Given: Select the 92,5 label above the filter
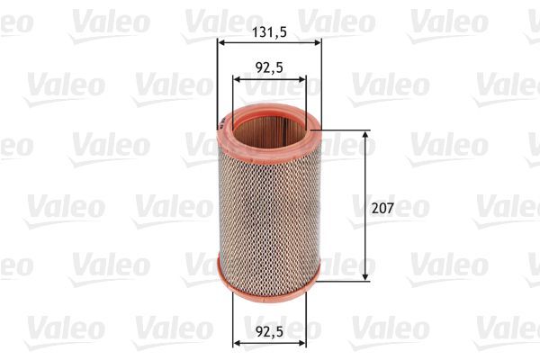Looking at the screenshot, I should tap(269, 66).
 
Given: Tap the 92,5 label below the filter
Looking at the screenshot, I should tap(269, 329).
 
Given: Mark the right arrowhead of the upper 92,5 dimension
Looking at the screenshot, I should tap(302, 79).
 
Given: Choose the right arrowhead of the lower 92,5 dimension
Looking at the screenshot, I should tap(302, 342).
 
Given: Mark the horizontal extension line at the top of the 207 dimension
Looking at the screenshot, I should tap(346, 130).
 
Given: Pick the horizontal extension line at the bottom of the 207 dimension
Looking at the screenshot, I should tap(346, 280).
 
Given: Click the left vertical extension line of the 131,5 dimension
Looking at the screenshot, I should tap(218, 81).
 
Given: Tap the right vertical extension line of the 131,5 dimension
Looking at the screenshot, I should tap(321, 81).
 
